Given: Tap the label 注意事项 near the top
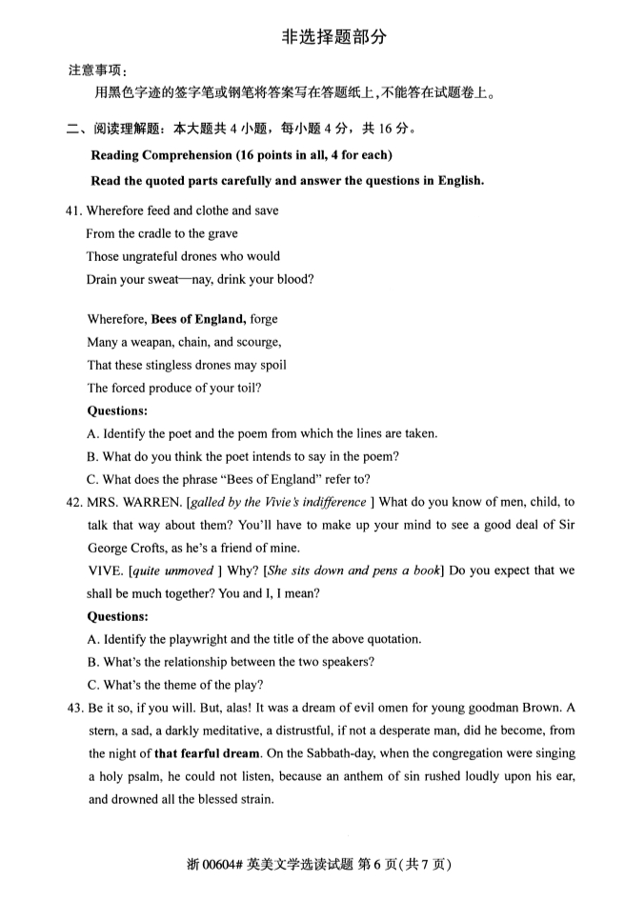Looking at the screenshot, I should click(96, 71).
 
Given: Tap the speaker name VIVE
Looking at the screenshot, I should click(103, 571).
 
